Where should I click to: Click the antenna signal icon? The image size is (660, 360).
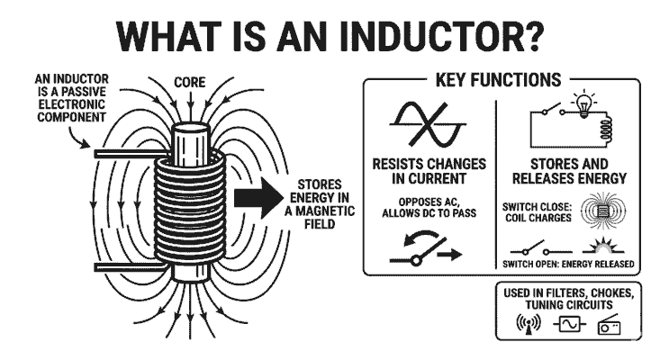(524, 325)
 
